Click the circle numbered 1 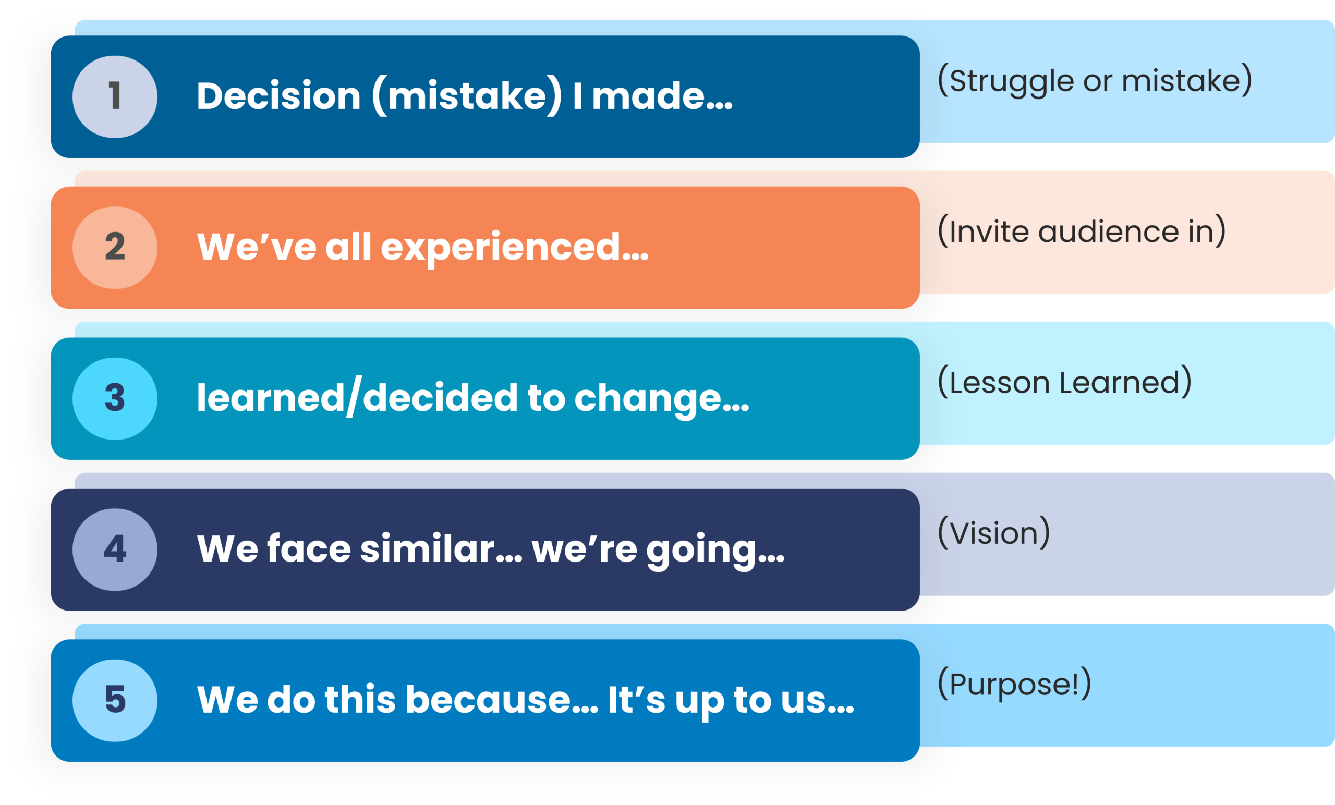coord(115,96)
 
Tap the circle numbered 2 coord(115,248)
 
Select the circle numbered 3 coord(115,398)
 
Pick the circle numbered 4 coord(115,550)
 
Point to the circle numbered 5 coord(115,700)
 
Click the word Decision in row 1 coord(278,96)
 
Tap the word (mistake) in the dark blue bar coord(467,96)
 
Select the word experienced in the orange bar coord(515,248)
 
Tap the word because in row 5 coord(502,700)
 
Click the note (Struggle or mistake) coord(1095,81)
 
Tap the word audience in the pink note coord(1108,232)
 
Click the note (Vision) coord(993,533)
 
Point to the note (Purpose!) coord(1014,684)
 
